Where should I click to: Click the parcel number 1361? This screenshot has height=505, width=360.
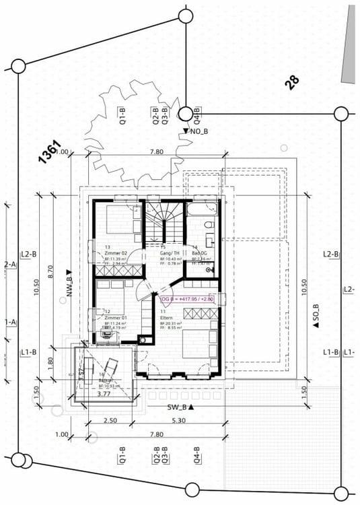pyautogui.click(x=50, y=152)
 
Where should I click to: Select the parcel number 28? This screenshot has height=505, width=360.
pyautogui.click(x=291, y=82)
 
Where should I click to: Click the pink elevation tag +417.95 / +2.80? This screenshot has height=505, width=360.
pyautogui.click(x=187, y=298)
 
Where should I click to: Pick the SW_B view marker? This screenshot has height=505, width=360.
pyautogui.click(x=180, y=407)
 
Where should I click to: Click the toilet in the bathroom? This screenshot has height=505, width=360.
pyautogui.click(x=209, y=225)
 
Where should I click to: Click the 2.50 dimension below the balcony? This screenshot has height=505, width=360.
pyautogui.click(x=110, y=421)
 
